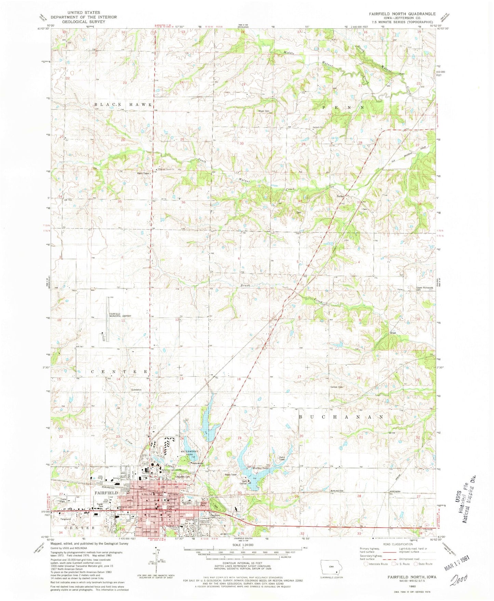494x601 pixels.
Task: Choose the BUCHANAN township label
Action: pos(341,417)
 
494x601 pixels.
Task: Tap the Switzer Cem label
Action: pos(336,387)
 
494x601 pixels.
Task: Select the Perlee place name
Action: pos(340,196)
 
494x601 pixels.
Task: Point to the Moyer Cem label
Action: pos(264,111)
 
